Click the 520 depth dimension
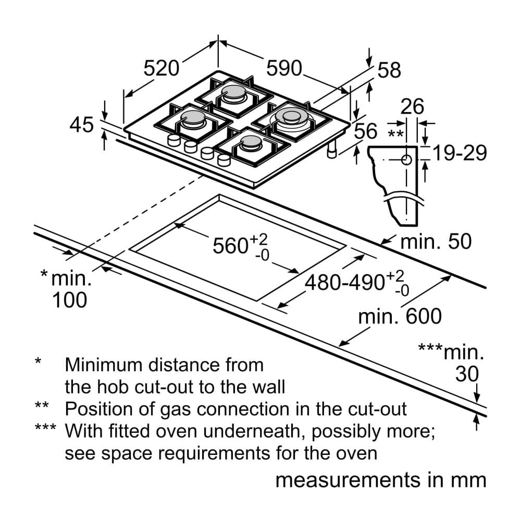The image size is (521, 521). [x=161, y=68]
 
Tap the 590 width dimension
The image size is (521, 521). [x=284, y=68]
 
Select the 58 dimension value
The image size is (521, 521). [x=389, y=71]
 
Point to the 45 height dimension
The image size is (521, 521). [x=81, y=126]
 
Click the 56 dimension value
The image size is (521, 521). [x=365, y=131]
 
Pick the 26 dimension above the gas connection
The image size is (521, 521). [x=413, y=107]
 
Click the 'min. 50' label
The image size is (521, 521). [x=436, y=242]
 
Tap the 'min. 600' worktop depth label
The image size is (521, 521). [x=400, y=316]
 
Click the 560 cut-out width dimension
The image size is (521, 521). [x=230, y=245]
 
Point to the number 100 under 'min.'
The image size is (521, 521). [x=70, y=300]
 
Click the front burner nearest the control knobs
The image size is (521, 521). [x=250, y=143]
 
